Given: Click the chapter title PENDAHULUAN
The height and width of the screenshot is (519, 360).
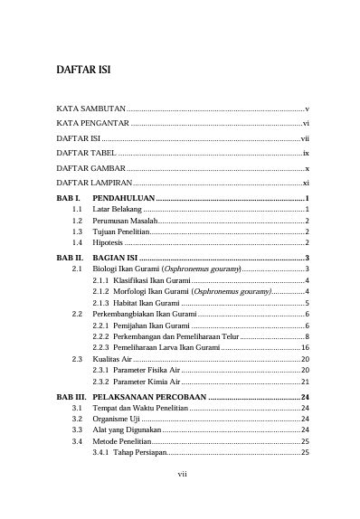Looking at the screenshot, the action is [124, 198].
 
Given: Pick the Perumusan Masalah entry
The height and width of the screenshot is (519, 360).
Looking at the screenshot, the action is [124, 221].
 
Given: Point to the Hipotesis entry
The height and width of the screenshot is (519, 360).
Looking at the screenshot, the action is [110, 243].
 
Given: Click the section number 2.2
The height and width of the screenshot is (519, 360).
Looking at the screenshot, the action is [77, 314].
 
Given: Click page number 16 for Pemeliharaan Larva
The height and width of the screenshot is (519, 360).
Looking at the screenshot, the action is [306, 347].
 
